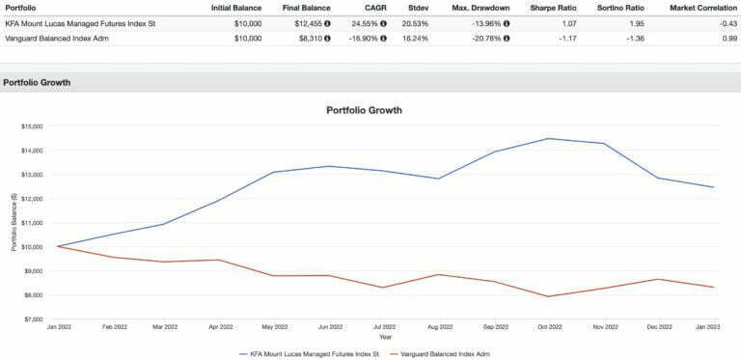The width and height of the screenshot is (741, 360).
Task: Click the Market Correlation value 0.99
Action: point(727,39)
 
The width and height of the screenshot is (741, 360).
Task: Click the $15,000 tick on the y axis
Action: point(32,126)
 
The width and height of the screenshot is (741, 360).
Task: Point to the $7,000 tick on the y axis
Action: point(34,319)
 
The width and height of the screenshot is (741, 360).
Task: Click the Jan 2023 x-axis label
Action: point(714,329)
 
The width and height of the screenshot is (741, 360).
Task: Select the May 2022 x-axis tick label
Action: point(273,329)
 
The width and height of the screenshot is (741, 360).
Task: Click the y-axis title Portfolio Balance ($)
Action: point(14,222)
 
